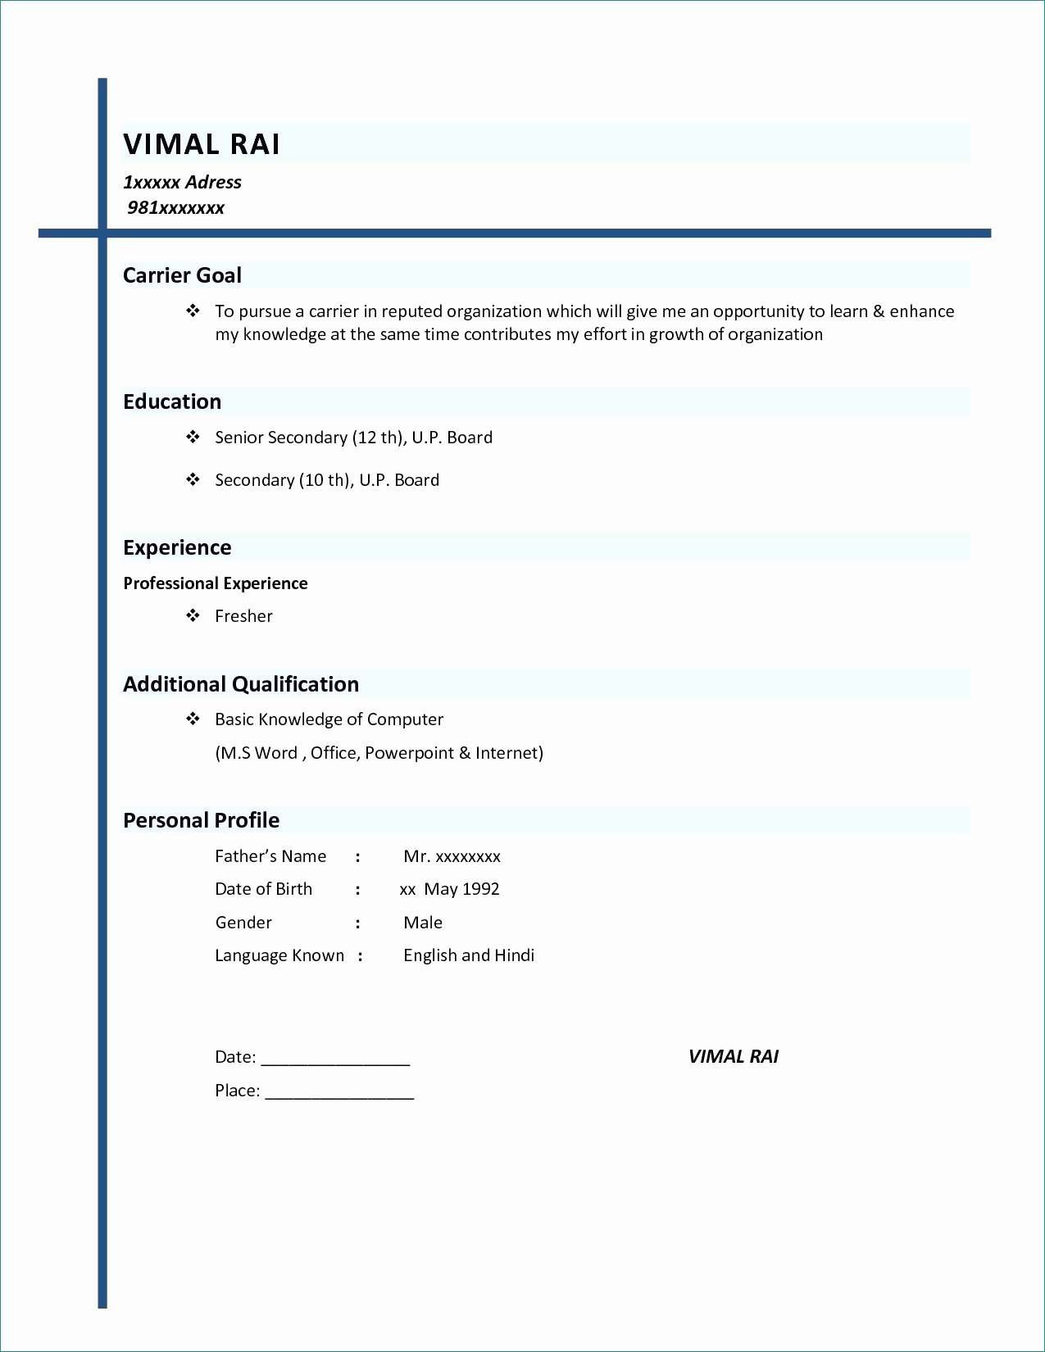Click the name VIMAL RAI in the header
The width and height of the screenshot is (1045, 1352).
pos(202,144)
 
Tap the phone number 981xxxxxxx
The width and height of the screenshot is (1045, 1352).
pos(175,208)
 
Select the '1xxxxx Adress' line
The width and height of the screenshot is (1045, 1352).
pos(182,182)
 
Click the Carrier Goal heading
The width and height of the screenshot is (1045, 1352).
pos(182,275)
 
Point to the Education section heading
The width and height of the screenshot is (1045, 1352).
pos(172,402)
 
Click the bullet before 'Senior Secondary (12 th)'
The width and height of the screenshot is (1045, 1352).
pos(193,437)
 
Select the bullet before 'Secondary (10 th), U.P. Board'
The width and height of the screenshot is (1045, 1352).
pos(193,479)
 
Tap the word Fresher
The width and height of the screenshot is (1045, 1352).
pos(243,616)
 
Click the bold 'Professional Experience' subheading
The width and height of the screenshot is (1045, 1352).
pos(216,583)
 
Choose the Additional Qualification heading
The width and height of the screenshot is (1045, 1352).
pos(241,684)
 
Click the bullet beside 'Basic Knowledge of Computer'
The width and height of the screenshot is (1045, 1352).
pos(193,719)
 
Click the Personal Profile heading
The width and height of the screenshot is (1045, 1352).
pos(201,820)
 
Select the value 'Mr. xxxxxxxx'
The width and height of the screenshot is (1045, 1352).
pos(452,856)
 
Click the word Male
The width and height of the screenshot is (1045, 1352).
pos(423,923)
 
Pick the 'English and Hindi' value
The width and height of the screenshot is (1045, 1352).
pos(469,955)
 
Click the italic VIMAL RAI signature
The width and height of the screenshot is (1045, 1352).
pos(734,1057)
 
